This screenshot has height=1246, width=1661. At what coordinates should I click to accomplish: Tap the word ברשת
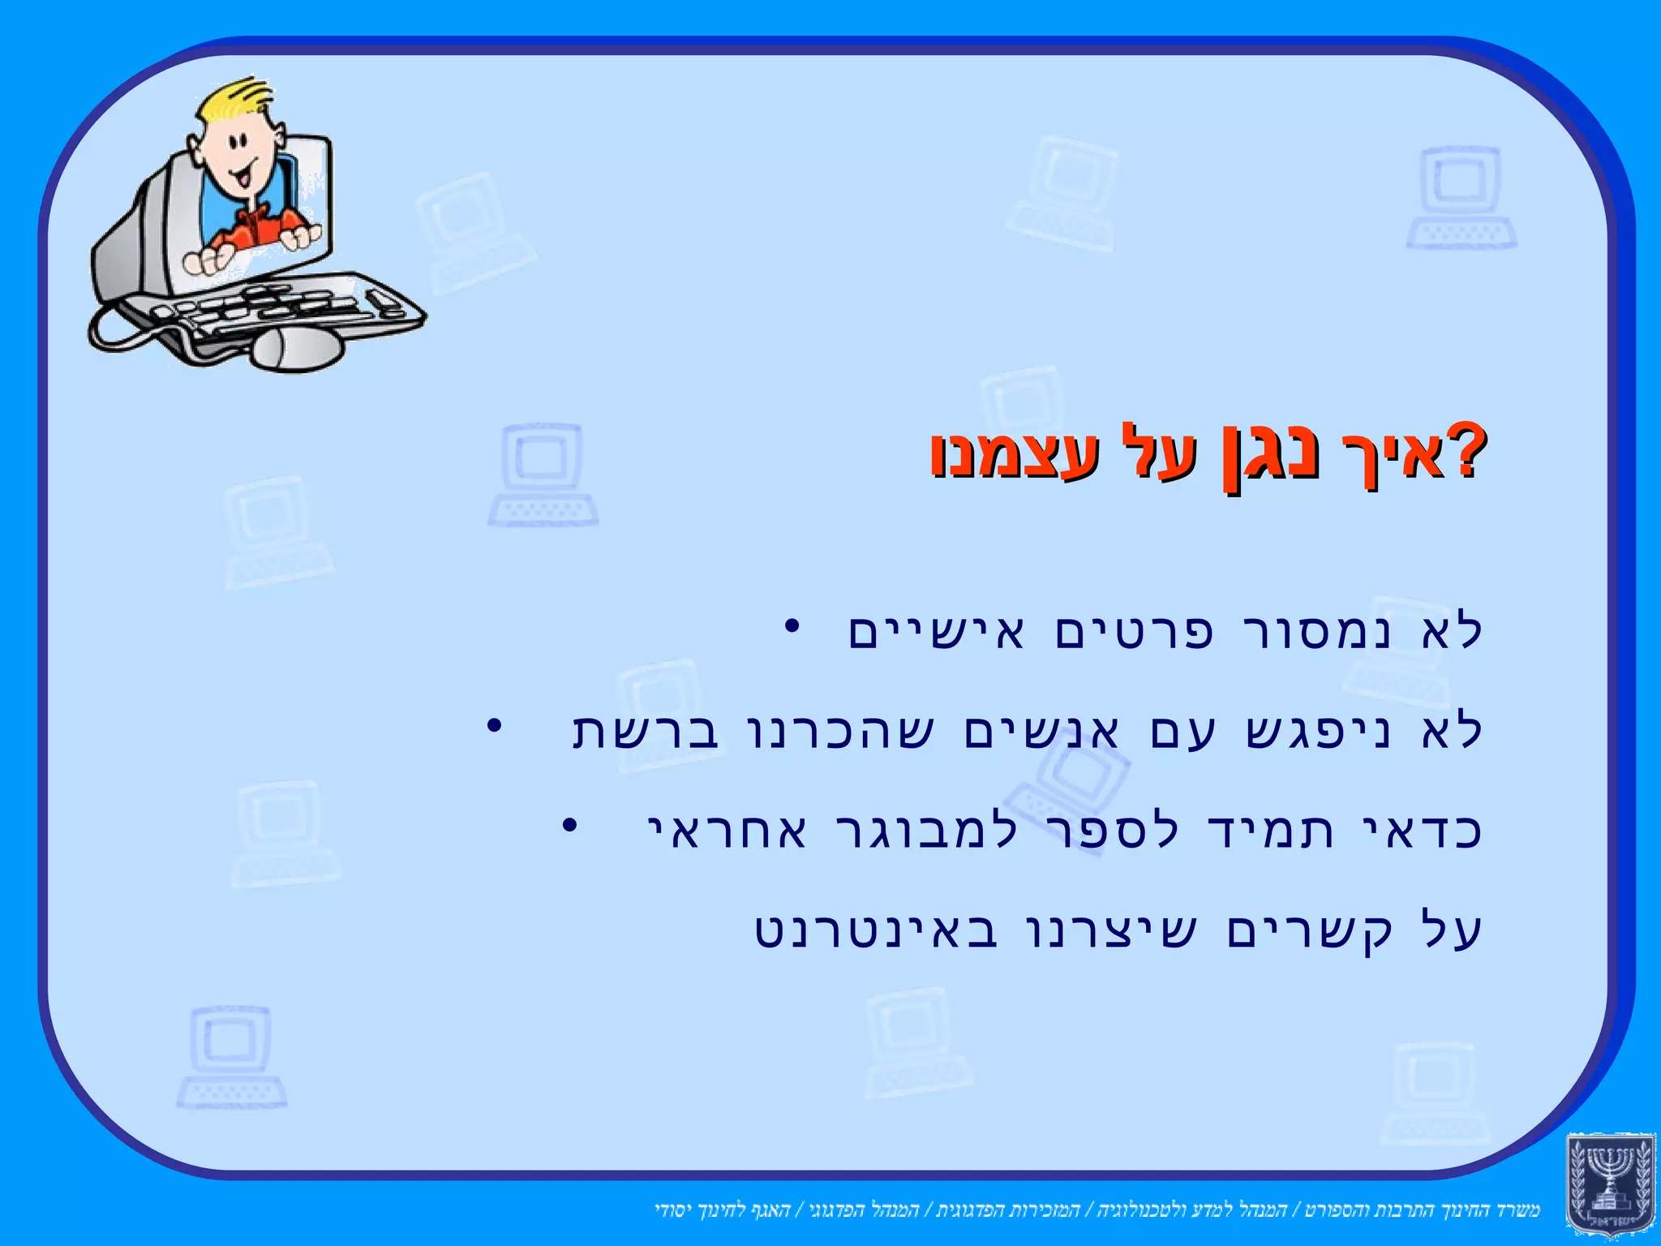tap(646, 730)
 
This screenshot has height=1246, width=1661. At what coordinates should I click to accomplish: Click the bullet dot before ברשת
tap(492, 725)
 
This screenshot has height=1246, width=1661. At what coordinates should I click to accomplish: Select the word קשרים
tap(1309, 930)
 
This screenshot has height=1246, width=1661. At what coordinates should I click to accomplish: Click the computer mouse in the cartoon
tap(297, 349)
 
